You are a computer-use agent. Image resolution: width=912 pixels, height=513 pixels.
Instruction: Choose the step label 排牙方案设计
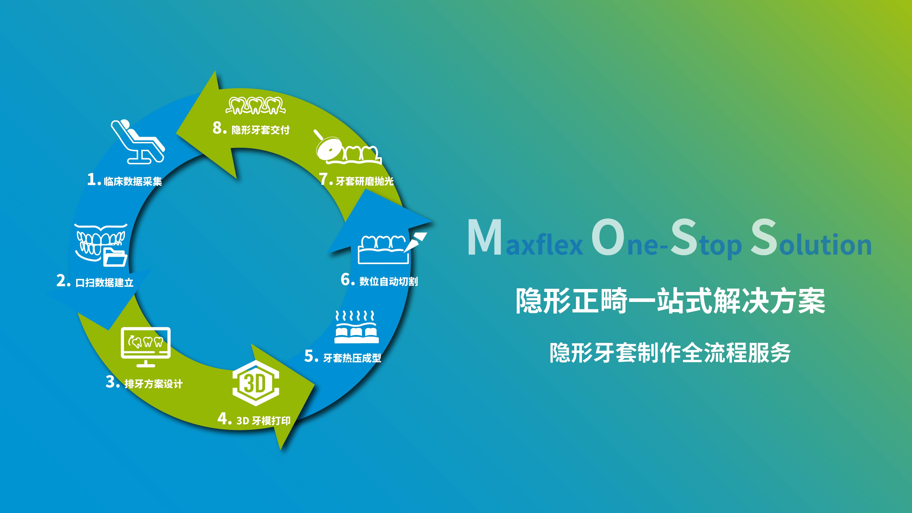(x=154, y=384)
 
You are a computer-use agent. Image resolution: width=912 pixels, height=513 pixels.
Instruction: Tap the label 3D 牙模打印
(x=264, y=421)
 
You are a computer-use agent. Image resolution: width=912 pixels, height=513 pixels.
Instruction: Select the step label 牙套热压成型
(x=352, y=358)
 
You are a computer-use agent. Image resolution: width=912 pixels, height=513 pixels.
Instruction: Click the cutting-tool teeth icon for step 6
(x=392, y=248)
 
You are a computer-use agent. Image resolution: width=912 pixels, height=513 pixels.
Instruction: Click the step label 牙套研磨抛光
(x=365, y=181)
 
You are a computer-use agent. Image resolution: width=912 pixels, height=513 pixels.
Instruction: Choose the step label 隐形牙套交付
(x=261, y=130)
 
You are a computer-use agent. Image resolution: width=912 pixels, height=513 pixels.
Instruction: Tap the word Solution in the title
(x=811, y=237)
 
